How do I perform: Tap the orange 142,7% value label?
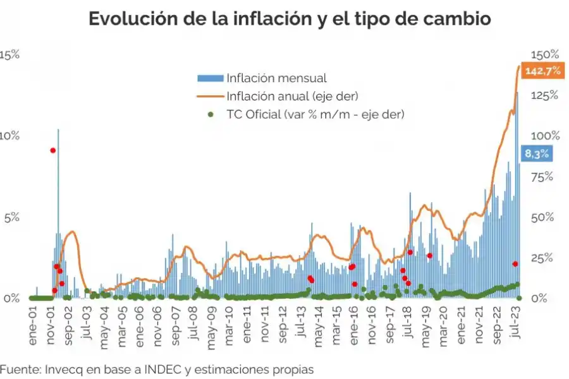(x=542, y=71)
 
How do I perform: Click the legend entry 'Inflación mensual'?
(x=276, y=78)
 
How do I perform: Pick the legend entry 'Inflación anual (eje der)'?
(x=292, y=96)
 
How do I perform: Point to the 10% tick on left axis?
(x=10, y=136)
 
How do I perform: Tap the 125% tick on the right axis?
(x=544, y=95)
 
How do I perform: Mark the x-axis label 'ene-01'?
(x=33, y=326)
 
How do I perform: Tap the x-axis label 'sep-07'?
(x=175, y=326)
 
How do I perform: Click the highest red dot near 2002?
(x=53, y=150)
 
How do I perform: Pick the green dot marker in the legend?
(x=212, y=114)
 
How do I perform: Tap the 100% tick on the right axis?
(x=544, y=136)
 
